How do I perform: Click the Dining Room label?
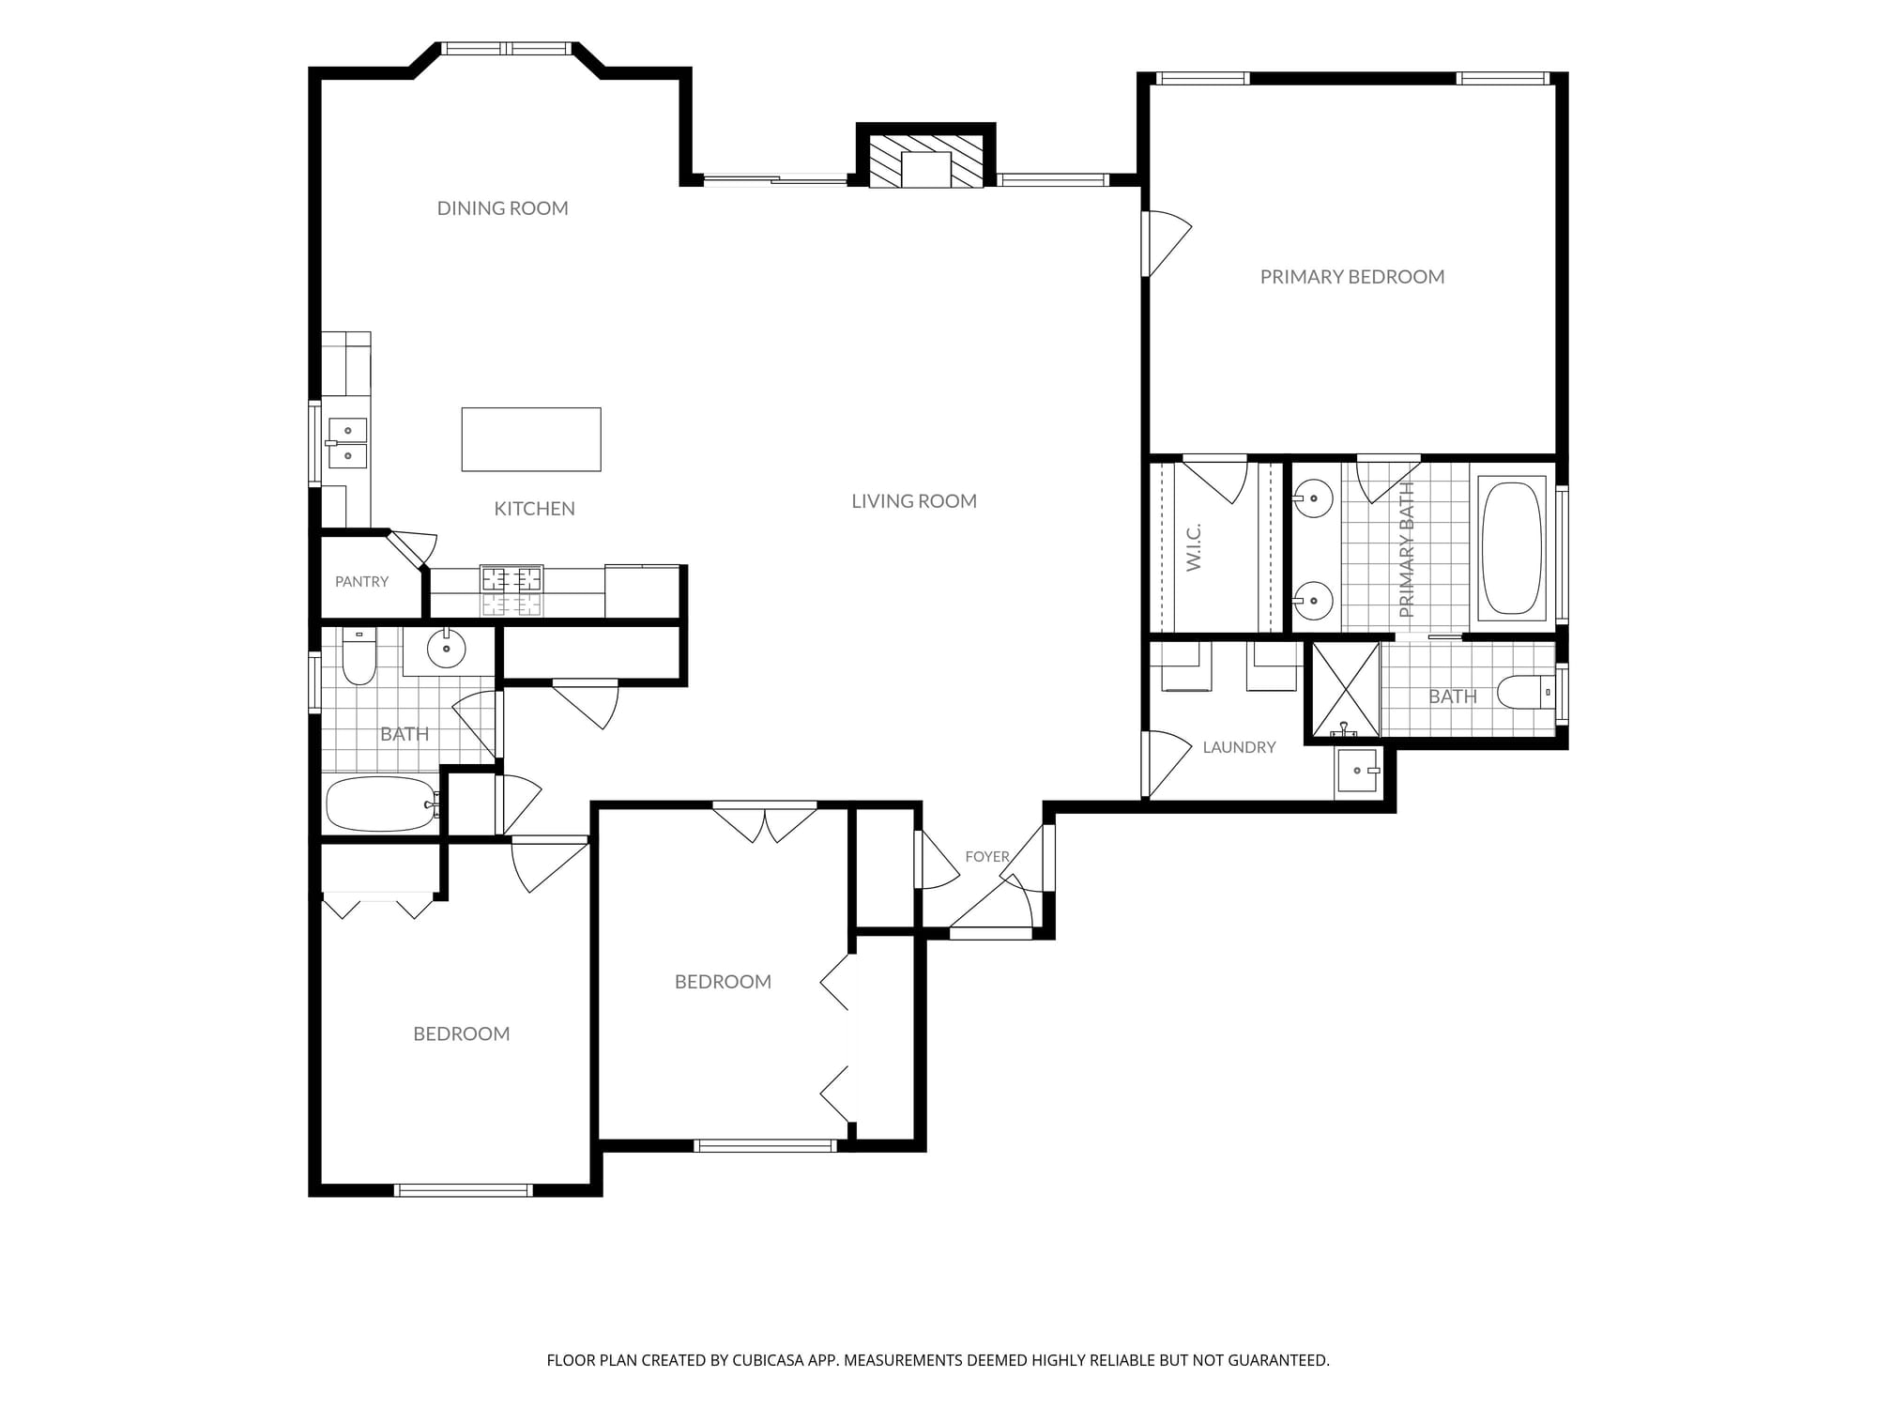click(503, 208)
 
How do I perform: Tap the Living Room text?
click(914, 501)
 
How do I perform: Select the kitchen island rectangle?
click(531, 439)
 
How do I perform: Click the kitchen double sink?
click(347, 443)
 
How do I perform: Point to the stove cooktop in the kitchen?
click(512, 590)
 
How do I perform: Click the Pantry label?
click(361, 582)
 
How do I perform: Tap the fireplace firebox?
click(926, 169)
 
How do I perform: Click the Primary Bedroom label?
click(1352, 277)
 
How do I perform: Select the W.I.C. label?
click(1194, 548)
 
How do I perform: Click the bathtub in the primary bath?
click(1512, 549)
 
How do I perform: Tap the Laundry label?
click(1239, 747)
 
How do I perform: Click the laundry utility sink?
click(1357, 771)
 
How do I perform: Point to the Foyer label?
click(987, 857)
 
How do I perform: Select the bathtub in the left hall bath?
click(381, 803)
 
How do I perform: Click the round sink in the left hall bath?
click(446, 648)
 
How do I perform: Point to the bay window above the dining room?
click(507, 48)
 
